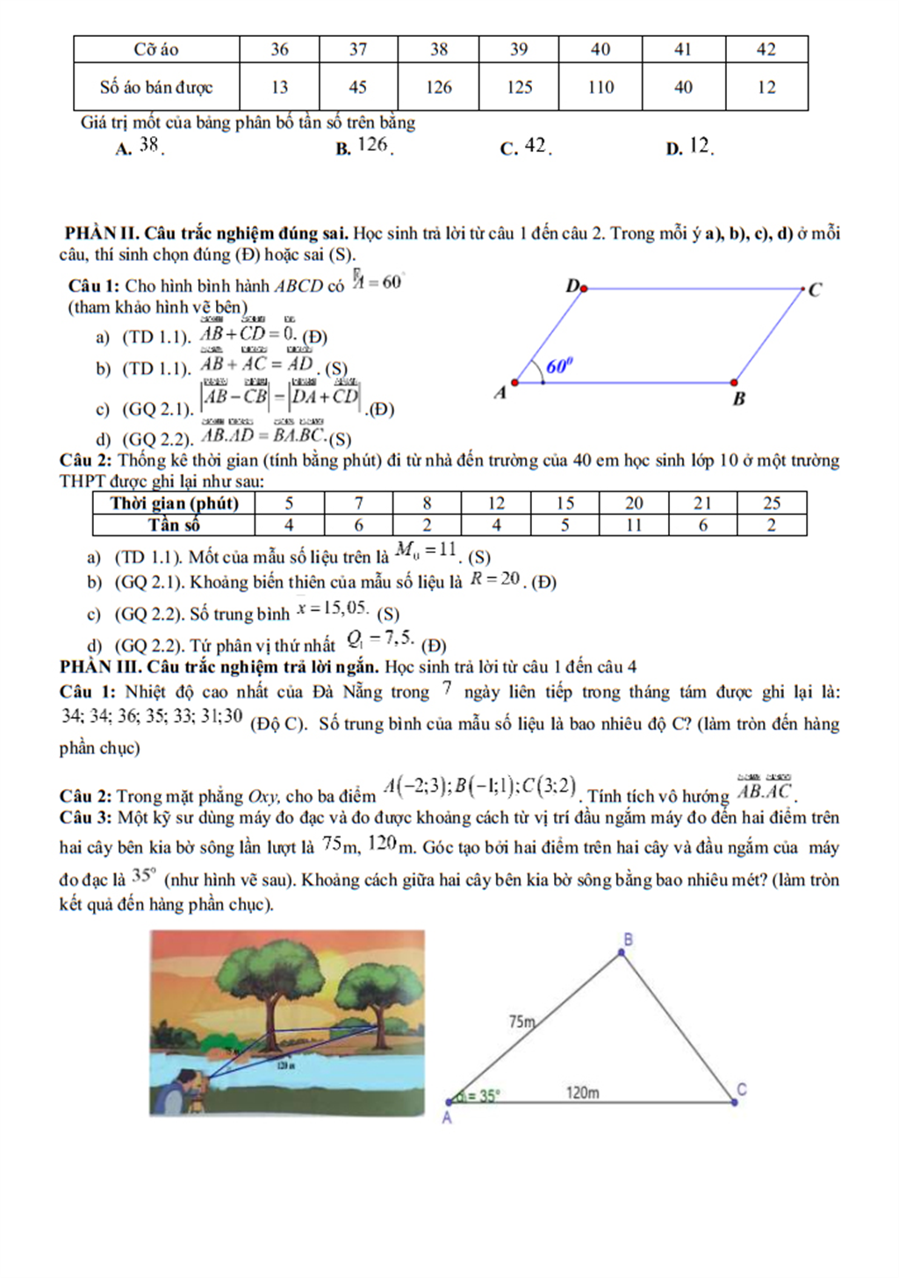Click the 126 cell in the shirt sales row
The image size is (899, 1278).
[438, 87]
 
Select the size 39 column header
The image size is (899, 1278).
[519, 49]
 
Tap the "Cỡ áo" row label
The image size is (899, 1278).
[156, 49]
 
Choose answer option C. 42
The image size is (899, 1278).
[526, 147]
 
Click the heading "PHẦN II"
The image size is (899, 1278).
[102, 233]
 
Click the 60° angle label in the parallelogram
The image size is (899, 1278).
[559, 366]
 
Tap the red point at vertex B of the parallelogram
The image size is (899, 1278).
[734, 383]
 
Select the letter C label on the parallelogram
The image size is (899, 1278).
[815, 290]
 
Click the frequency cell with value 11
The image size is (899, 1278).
[634, 525]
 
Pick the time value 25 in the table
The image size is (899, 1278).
[772, 503]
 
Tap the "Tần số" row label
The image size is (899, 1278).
[174, 525]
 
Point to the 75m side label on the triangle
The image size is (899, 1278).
[521, 1022]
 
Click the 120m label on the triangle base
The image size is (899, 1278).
[582, 1093]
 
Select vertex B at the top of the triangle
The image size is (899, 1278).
[622, 951]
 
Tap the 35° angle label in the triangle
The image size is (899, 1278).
[482, 1095]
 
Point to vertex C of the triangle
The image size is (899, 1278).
[736, 1101]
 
